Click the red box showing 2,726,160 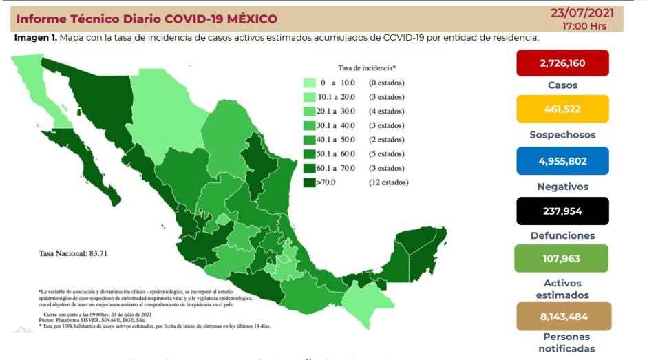562,63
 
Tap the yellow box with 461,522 562,109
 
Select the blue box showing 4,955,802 562,161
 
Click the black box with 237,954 562,211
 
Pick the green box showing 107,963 562,259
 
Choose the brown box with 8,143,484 562,316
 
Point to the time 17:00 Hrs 585,25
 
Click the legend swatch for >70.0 310,182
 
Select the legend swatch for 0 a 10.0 310,83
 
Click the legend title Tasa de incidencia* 367,68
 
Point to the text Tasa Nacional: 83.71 70,253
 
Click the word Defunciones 562,235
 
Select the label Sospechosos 562,135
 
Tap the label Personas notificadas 562,343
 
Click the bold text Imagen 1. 35,37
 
